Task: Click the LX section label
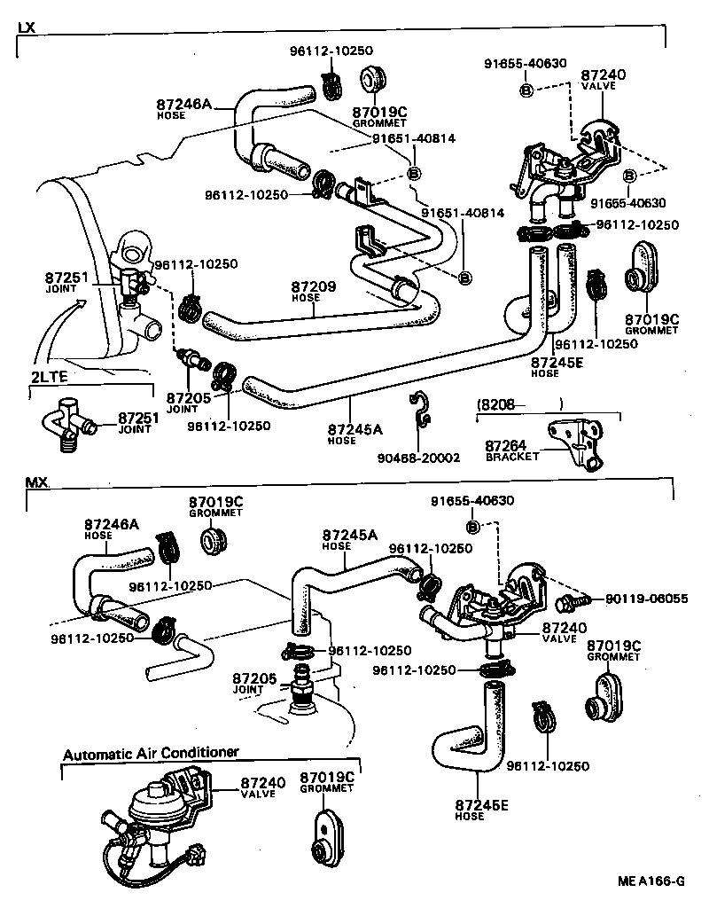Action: click(27, 27)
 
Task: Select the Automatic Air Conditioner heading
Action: click(151, 753)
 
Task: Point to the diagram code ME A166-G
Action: click(651, 881)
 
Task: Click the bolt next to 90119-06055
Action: click(567, 603)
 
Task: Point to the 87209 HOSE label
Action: click(313, 292)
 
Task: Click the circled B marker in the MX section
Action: click(472, 527)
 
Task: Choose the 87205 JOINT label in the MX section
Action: click(253, 682)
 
